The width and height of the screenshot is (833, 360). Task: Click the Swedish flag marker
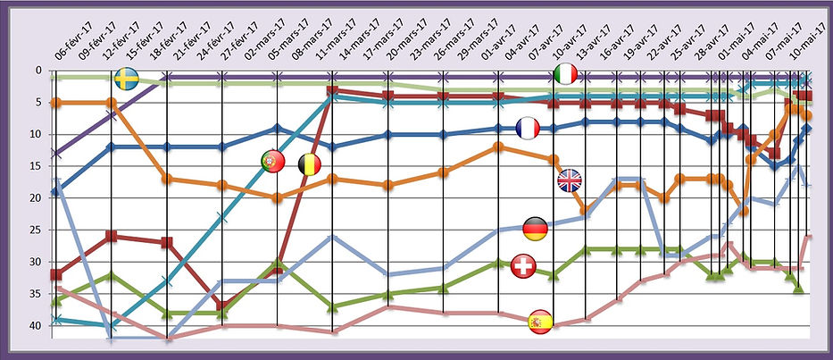[x=127, y=80]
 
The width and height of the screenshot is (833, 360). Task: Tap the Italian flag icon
[x=567, y=76]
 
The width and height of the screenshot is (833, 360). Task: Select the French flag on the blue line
[x=528, y=129]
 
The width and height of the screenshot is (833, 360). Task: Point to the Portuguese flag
[x=272, y=162]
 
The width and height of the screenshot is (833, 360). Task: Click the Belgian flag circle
[x=309, y=164]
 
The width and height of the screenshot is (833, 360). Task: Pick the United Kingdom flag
[x=569, y=180]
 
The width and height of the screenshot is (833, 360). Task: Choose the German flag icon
[x=535, y=229]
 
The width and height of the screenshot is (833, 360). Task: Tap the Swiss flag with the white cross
[x=524, y=266]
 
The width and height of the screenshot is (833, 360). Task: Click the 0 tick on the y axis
[x=37, y=71]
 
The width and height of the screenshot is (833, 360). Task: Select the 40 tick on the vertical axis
[x=35, y=326]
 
